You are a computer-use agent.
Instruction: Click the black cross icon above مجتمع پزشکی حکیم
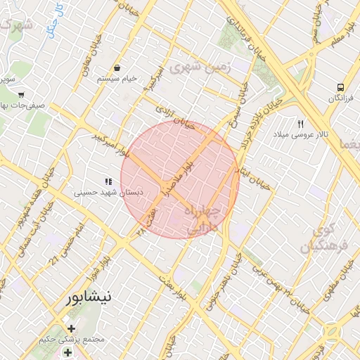(x=70, y=328)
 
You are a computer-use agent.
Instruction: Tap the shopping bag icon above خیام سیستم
(x=116, y=68)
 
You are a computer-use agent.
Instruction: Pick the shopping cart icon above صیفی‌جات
(x=21, y=94)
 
